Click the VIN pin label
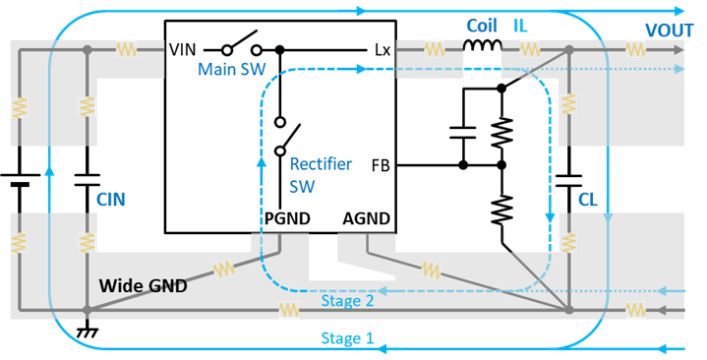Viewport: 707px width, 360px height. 184,48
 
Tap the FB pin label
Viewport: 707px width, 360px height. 380,166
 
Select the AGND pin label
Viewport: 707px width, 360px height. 366,218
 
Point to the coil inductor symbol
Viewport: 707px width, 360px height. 480,47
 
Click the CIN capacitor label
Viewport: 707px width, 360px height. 111,200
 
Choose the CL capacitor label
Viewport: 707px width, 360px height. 587,200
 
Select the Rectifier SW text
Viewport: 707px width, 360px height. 321,174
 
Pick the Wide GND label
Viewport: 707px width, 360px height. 142,286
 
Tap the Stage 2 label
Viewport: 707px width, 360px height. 346,301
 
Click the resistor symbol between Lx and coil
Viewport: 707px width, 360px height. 433,48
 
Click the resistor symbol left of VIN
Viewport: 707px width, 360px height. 126,48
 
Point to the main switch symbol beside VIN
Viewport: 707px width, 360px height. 240,46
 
